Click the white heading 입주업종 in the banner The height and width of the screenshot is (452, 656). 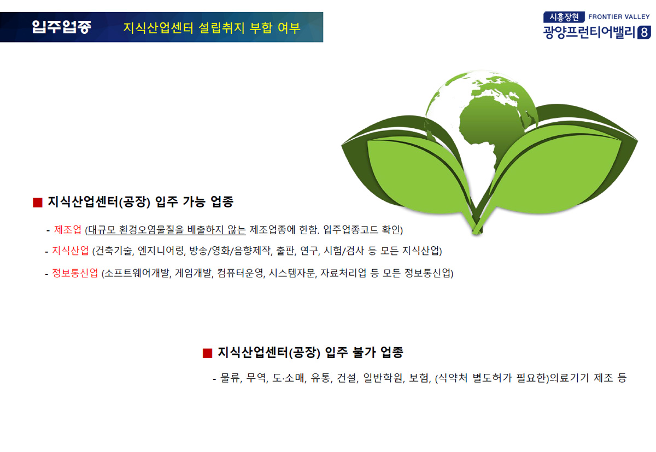[x=61, y=27]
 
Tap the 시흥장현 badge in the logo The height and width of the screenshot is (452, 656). [x=564, y=17]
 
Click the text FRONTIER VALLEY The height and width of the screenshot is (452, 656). [x=619, y=17]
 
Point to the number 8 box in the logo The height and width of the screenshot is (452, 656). [x=644, y=32]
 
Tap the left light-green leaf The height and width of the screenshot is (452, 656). [x=416, y=173]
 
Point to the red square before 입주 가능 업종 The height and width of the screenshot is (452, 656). [x=38, y=203]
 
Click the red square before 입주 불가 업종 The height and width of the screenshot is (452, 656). [x=207, y=353]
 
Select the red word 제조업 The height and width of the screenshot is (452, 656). [x=67, y=230]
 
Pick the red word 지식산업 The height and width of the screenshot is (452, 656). [x=71, y=251]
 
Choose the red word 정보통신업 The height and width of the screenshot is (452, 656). [x=75, y=273]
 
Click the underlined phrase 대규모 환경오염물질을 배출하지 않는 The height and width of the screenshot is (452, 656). [x=167, y=230]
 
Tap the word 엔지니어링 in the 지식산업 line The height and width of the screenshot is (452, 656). [x=161, y=251]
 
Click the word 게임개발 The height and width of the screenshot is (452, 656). [x=194, y=273]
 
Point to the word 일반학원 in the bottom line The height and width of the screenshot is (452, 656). [x=383, y=378]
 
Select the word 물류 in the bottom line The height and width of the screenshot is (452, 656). [x=230, y=378]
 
